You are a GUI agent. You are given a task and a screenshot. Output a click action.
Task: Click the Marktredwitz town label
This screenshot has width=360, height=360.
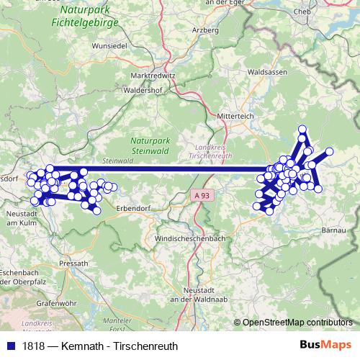click(153, 76)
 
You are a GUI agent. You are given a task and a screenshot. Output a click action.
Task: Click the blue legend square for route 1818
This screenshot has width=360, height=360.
click(11, 346)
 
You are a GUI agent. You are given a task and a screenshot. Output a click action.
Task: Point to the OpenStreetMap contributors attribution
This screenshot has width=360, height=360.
click(297, 323)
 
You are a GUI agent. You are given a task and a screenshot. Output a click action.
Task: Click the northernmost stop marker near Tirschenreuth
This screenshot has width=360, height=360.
click(302, 130)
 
